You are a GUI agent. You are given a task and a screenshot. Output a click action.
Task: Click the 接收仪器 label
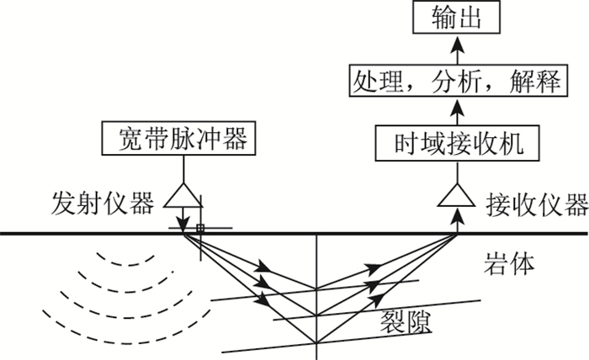click(536, 203)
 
